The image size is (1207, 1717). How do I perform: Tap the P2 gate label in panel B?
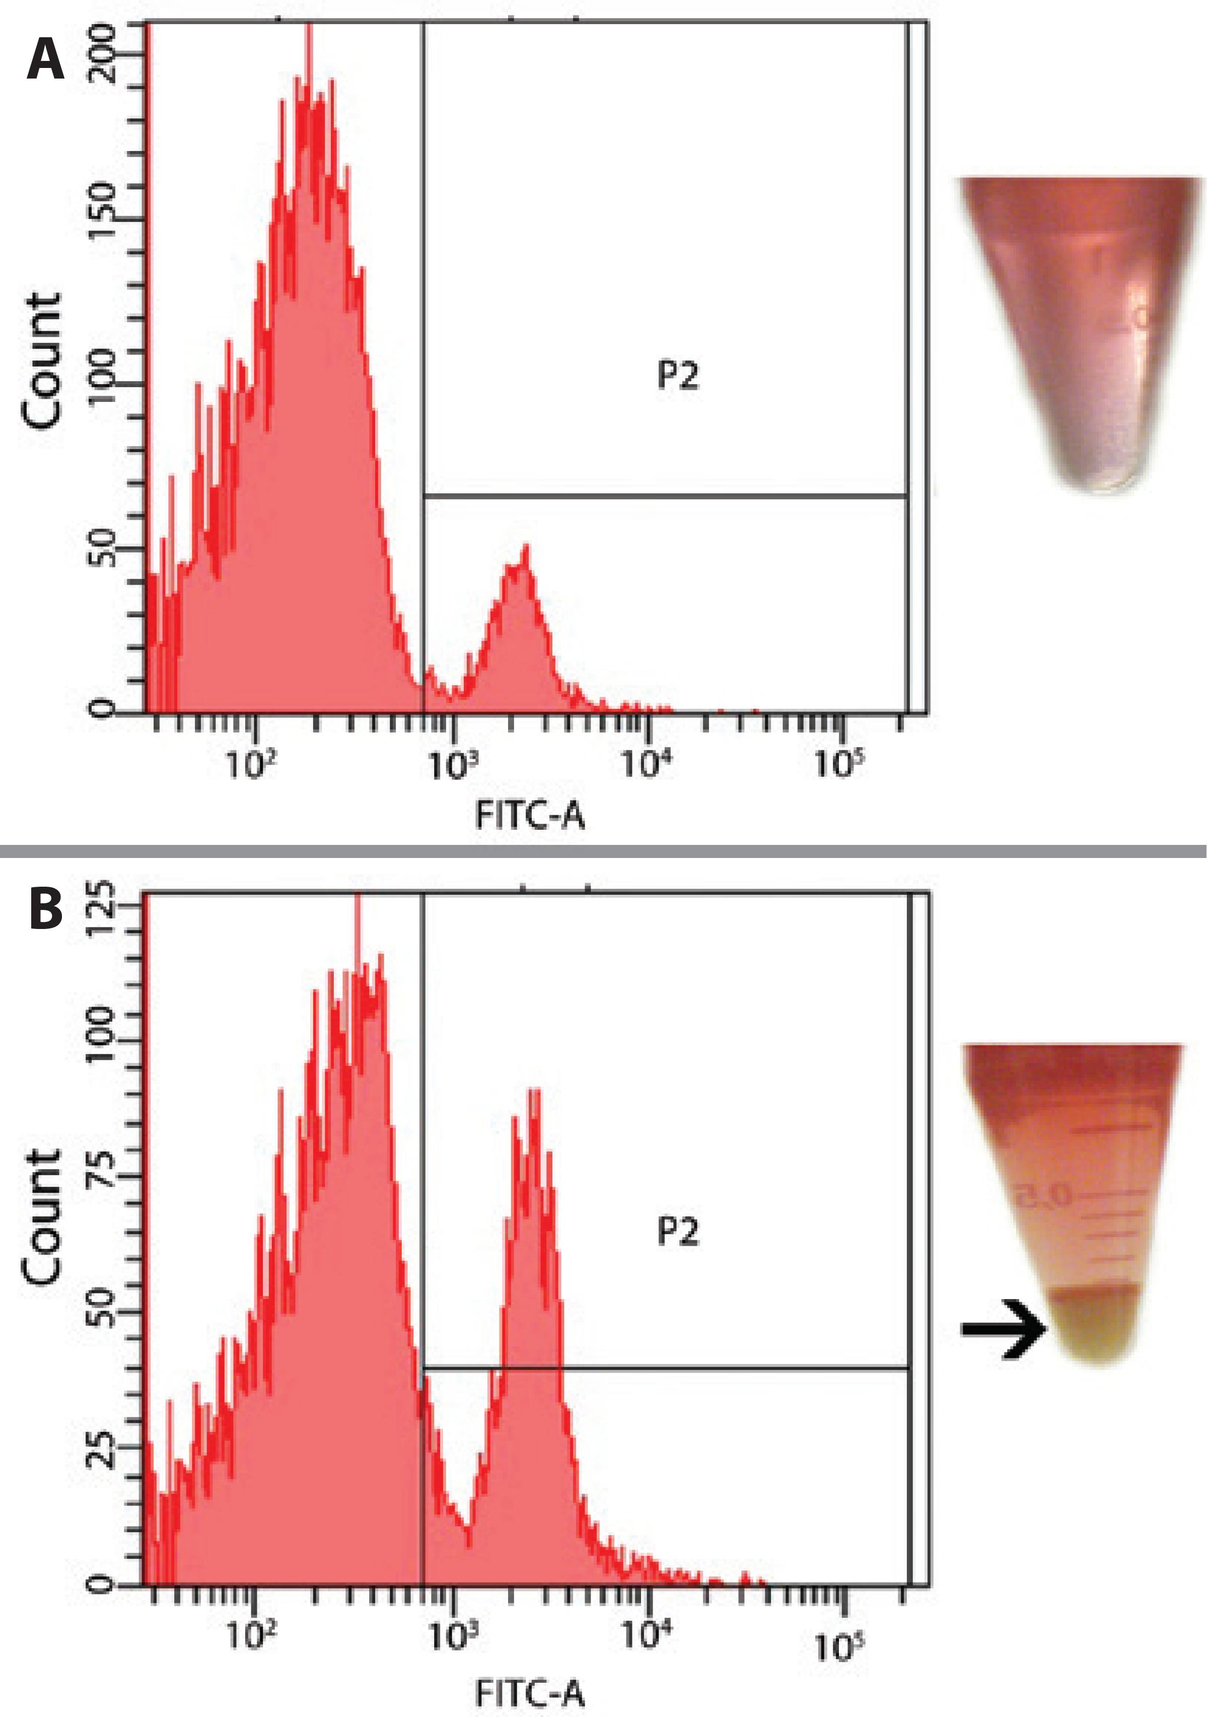coord(678,1232)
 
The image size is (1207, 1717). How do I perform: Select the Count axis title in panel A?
coord(42,361)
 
